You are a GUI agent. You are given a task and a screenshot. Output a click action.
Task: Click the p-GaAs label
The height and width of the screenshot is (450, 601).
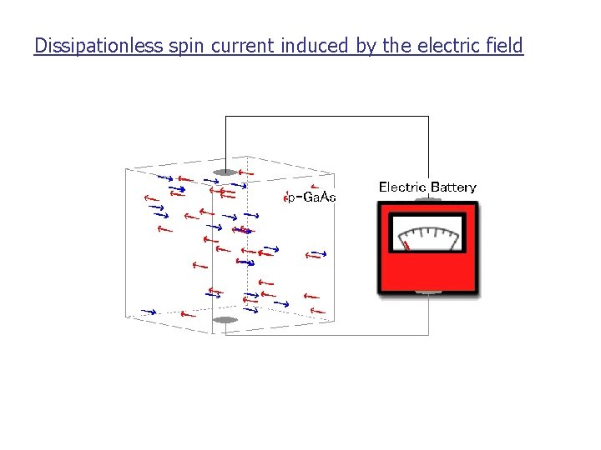[x=311, y=197]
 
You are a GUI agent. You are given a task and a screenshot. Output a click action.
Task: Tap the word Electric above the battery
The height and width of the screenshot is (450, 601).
[x=402, y=187]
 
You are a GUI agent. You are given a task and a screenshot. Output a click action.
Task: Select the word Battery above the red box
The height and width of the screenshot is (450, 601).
[x=452, y=187]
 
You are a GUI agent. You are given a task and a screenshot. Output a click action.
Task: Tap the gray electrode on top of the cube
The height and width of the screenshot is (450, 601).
[x=225, y=172]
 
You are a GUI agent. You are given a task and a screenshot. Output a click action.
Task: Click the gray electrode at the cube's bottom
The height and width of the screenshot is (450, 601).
[x=225, y=320]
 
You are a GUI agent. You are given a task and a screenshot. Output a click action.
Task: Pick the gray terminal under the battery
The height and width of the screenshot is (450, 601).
[x=428, y=293]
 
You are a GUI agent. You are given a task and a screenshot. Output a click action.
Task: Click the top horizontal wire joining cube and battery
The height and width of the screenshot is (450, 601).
[x=326, y=117]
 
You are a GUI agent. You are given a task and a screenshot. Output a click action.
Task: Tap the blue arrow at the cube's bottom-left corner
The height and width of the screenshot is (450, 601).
[x=149, y=312]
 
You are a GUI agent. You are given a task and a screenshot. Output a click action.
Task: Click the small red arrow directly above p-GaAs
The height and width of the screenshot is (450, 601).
[x=314, y=186]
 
